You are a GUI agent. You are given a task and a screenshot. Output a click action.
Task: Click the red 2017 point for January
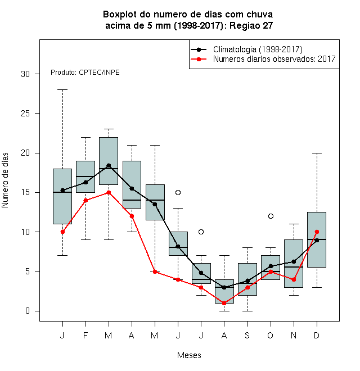click(x=62, y=232)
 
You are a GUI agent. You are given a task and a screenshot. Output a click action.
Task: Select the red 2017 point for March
click(x=109, y=192)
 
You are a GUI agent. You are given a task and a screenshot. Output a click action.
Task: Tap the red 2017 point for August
click(x=224, y=303)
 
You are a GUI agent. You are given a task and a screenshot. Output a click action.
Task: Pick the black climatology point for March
click(x=109, y=165)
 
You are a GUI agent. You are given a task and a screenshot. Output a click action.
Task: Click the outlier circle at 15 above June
click(x=178, y=192)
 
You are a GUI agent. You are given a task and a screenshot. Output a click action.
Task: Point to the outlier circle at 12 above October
click(x=271, y=216)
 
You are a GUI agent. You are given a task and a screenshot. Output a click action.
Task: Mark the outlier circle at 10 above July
click(x=201, y=232)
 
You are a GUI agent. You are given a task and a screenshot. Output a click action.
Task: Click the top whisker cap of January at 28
click(x=62, y=90)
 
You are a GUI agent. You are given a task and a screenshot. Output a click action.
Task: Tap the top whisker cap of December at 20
click(x=317, y=153)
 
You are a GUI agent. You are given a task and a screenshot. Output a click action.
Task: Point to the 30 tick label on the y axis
click(x=25, y=74)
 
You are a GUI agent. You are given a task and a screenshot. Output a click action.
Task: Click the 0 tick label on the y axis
click(x=28, y=311)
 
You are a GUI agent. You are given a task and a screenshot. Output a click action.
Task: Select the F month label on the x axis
click(x=85, y=335)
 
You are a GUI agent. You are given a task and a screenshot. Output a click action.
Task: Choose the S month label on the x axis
click(x=247, y=335)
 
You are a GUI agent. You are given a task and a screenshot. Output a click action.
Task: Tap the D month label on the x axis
click(x=317, y=335)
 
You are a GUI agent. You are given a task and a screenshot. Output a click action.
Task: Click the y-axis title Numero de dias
click(x=5, y=180)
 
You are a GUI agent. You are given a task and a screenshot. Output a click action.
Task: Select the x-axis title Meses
click(x=189, y=355)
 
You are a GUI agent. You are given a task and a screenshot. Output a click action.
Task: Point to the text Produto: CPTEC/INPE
click(x=85, y=72)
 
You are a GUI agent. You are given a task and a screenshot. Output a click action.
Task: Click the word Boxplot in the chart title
click(x=120, y=15)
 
